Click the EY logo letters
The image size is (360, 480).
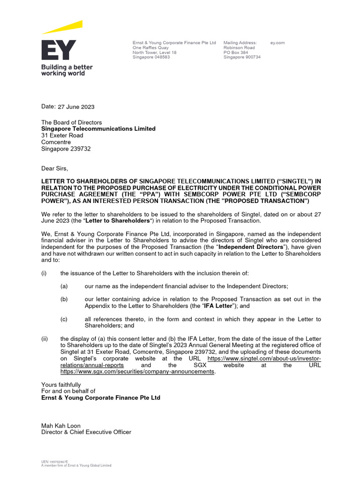(x=58, y=51)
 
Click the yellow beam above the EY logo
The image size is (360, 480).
(x=63, y=27)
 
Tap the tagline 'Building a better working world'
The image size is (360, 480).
(x=67, y=70)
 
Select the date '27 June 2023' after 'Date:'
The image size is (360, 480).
(x=76, y=107)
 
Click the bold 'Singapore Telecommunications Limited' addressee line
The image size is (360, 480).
(x=98, y=128)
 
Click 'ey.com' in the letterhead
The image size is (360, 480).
(x=277, y=43)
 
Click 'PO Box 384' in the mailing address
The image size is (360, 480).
(x=236, y=52)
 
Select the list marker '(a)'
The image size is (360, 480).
(x=64, y=286)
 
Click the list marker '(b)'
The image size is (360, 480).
(x=64, y=299)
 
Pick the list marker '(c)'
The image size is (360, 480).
(x=64, y=319)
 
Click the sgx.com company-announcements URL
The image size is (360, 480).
(x=138, y=372)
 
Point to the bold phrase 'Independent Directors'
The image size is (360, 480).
(x=252, y=247)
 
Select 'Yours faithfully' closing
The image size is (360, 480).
(x=61, y=385)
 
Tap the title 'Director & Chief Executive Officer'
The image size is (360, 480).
(x=86, y=432)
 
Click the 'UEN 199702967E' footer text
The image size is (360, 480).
(x=55, y=462)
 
